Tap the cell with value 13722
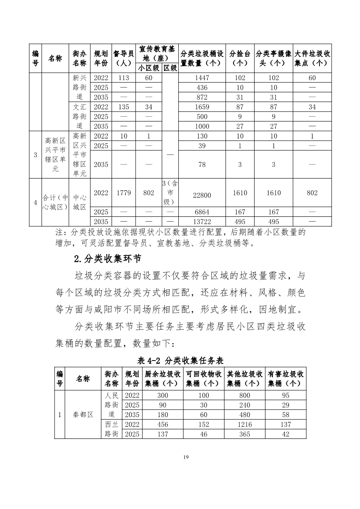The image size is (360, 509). pos(202,222)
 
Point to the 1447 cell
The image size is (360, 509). pos(202,78)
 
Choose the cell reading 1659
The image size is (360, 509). pos(202,107)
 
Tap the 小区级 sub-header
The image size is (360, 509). pos(149,68)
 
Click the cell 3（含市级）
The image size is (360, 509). pos(170,192)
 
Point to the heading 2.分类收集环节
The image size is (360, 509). pos(107,259)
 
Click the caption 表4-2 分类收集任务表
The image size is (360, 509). pos(180,360)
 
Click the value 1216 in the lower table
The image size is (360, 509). pos(245,424)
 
